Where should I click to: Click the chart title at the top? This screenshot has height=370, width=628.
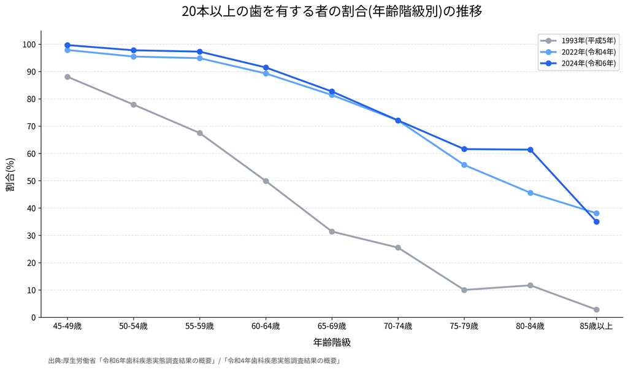click(332, 11)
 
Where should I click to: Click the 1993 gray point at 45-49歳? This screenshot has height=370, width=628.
click(67, 77)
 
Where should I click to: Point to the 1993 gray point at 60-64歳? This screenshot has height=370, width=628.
click(266, 181)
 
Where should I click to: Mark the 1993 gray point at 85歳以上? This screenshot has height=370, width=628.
click(596, 309)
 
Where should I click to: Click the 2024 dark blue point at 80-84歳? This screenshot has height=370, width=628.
click(530, 150)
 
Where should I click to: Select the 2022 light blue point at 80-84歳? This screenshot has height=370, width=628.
click(530, 193)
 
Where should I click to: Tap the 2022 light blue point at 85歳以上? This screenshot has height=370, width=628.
click(596, 214)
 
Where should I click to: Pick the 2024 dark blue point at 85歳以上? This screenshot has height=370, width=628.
click(596, 222)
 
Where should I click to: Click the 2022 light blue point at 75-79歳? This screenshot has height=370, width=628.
click(464, 165)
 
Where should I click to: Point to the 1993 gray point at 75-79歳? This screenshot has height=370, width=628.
click(464, 290)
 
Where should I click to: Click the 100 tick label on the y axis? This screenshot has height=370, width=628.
click(29, 45)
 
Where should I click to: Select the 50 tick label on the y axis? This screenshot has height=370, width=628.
click(32, 181)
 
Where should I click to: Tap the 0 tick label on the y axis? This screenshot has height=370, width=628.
click(34, 317)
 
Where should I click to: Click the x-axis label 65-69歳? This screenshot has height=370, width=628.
click(332, 326)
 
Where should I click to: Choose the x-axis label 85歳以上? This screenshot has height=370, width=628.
click(596, 326)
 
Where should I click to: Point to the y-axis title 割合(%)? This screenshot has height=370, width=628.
click(10, 174)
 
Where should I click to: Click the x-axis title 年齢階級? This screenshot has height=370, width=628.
click(332, 342)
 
